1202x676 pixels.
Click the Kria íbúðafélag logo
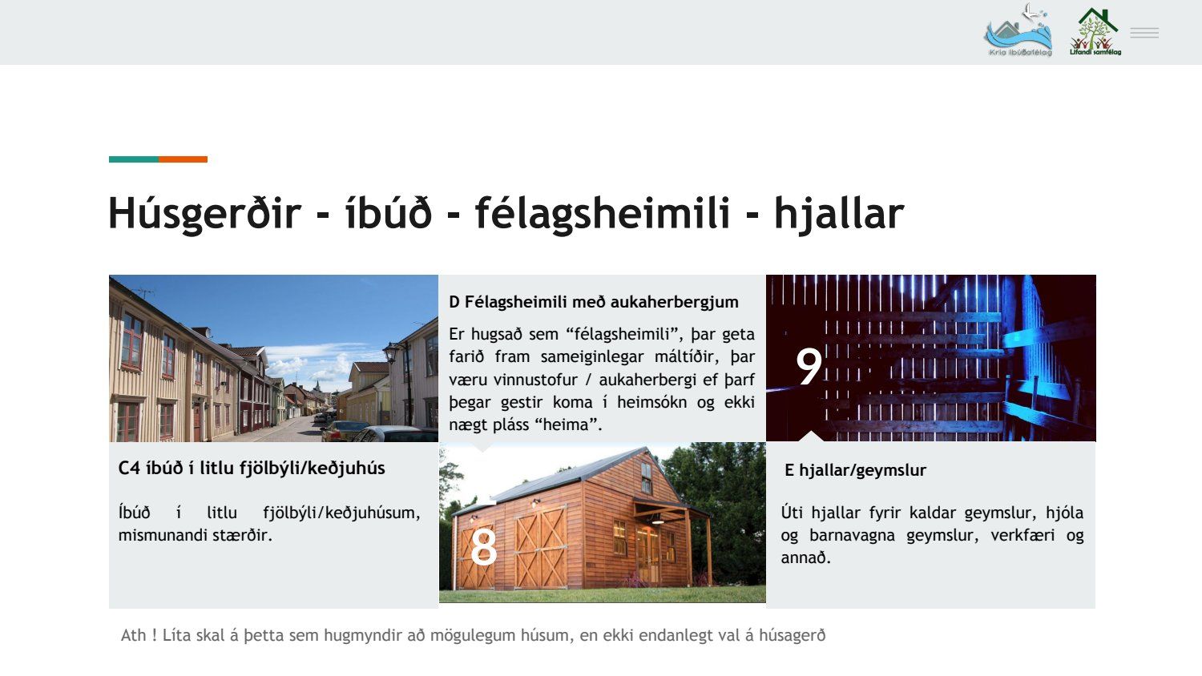point(1018,30)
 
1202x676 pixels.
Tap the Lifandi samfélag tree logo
point(1095,32)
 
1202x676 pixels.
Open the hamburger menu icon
point(1144,33)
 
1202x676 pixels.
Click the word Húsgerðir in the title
point(204,214)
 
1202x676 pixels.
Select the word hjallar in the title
point(839,214)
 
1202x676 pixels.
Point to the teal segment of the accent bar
point(134,159)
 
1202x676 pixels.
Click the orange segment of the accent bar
point(183,159)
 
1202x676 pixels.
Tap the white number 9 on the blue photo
point(809,366)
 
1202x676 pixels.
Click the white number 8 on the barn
point(483,547)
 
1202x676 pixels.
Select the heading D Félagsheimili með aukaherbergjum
point(594,302)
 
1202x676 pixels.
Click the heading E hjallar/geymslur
point(855,470)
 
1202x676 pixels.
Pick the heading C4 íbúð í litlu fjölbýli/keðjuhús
point(252,469)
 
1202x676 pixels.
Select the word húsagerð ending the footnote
point(792,636)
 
